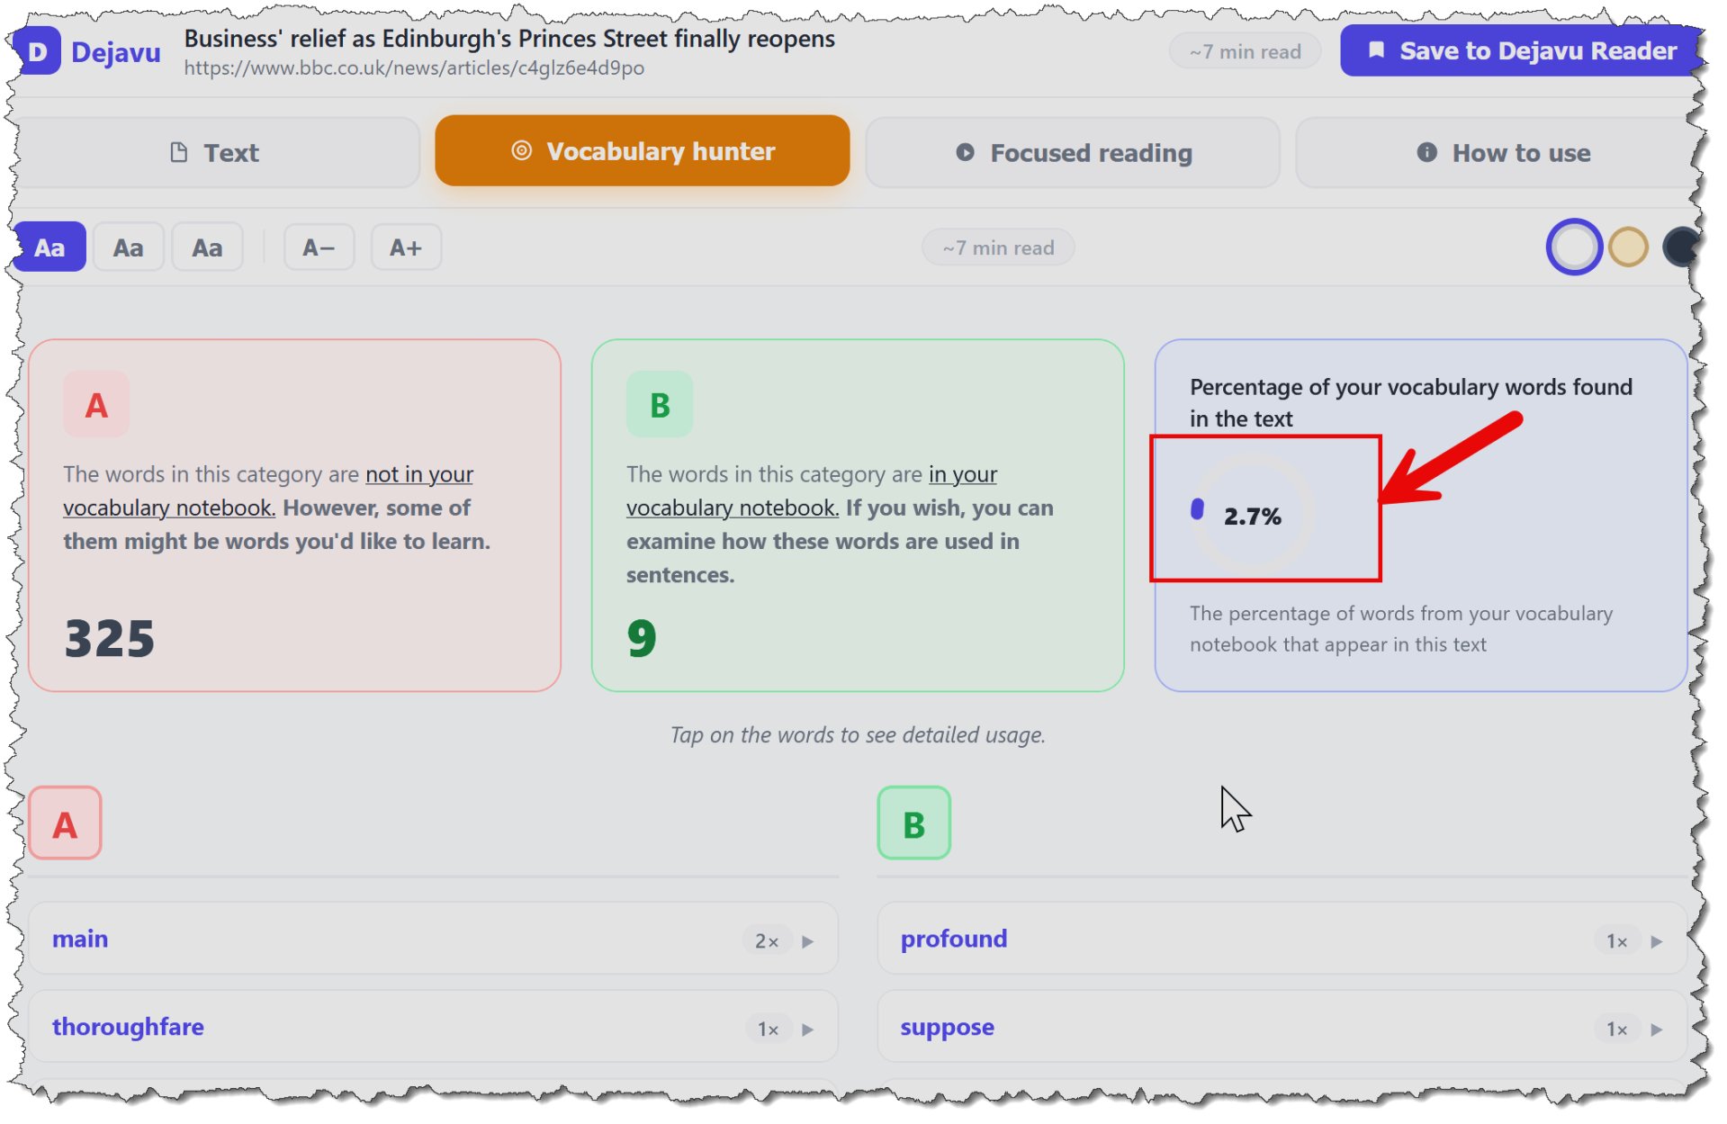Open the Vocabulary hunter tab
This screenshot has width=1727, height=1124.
point(642,150)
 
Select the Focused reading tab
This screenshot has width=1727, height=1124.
point(1072,152)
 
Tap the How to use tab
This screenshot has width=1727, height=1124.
point(1501,152)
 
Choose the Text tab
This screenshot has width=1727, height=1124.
point(216,152)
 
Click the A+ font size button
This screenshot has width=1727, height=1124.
point(406,247)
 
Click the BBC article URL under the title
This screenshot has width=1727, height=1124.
point(414,68)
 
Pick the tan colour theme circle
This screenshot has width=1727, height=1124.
point(1628,247)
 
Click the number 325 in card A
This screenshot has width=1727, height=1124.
point(110,638)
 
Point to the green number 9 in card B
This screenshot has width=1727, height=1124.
point(642,638)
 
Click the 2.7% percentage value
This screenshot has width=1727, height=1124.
point(1252,517)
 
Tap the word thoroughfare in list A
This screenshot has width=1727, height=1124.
point(128,1027)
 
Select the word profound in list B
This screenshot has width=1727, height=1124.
point(954,939)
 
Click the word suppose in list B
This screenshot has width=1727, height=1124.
point(948,1028)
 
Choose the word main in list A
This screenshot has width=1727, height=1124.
point(80,939)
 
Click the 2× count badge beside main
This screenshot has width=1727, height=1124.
point(767,941)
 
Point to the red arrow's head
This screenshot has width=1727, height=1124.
point(1383,499)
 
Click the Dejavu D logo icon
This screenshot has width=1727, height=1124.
point(38,51)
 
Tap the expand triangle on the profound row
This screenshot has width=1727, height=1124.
point(1657,941)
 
